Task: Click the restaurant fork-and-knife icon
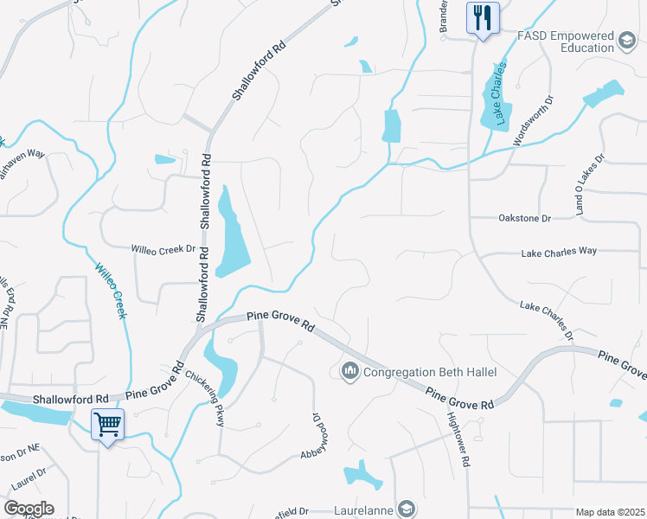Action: click(483, 16)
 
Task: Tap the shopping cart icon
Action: click(107, 424)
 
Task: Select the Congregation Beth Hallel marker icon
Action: click(350, 372)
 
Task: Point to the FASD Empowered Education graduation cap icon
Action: click(627, 41)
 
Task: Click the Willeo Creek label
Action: click(111, 291)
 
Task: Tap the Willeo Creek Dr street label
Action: click(163, 249)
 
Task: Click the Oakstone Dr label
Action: click(524, 219)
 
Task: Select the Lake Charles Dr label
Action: click(547, 318)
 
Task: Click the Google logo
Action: click(29, 509)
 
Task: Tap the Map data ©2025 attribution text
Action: click(610, 512)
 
